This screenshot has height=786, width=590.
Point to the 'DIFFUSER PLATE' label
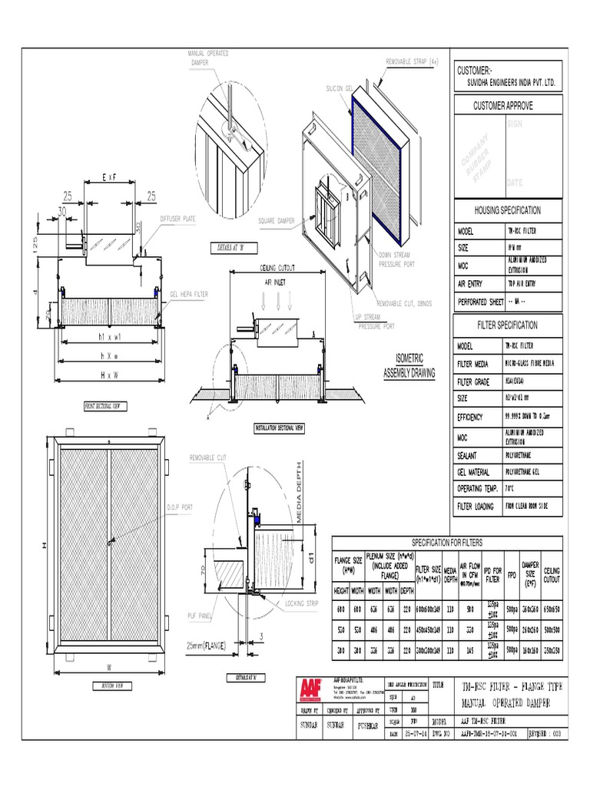177,218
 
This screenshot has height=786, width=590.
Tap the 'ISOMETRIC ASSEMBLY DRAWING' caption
409,365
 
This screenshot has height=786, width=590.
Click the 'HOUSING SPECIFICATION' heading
508,210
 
